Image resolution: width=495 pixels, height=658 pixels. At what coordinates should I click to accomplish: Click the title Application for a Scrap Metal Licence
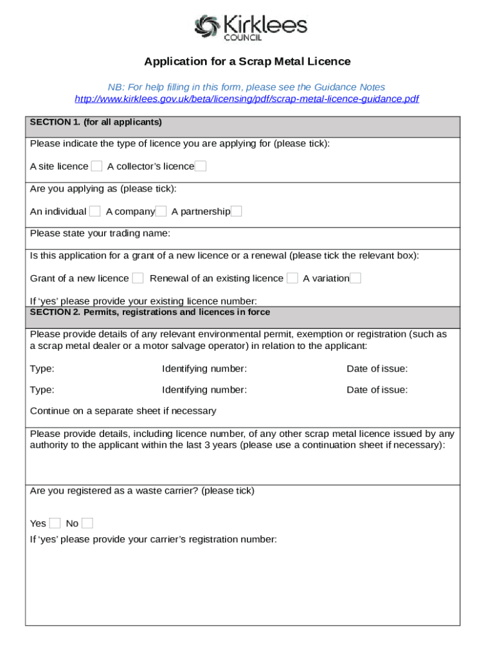[248, 62]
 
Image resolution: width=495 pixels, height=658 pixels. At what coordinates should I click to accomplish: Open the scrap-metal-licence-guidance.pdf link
[247, 99]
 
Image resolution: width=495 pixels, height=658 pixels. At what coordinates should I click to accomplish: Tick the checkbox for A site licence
[96, 166]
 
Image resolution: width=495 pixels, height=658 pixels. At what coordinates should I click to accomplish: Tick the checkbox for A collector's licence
[201, 166]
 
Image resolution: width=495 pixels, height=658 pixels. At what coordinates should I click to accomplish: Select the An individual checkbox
[94, 211]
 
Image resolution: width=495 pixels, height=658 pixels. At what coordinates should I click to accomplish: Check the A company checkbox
[161, 211]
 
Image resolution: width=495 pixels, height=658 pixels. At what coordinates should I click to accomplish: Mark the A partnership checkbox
[236, 211]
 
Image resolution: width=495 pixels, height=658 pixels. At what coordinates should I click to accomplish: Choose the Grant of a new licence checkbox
[138, 278]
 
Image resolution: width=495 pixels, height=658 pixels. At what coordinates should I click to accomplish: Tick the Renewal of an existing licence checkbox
[292, 278]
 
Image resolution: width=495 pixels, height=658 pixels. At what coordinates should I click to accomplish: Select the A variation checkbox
[355, 278]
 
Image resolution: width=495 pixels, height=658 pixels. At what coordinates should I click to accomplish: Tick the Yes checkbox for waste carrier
[55, 523]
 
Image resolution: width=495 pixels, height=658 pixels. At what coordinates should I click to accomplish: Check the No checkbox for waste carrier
[87, 523]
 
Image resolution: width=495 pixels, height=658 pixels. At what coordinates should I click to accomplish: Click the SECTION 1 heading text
[96, 122]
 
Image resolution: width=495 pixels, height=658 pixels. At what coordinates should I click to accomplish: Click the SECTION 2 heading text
[150, 312]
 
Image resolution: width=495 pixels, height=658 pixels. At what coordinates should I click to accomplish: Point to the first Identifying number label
[204, 369]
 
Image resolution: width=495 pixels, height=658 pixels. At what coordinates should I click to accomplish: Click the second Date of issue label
[377, 390]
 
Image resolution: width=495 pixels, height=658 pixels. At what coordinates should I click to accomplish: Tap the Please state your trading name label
[100, 233]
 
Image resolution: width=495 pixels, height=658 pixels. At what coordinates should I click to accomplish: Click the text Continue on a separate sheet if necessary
[123, 411]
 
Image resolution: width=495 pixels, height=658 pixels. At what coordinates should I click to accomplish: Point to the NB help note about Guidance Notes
[246, 87]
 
